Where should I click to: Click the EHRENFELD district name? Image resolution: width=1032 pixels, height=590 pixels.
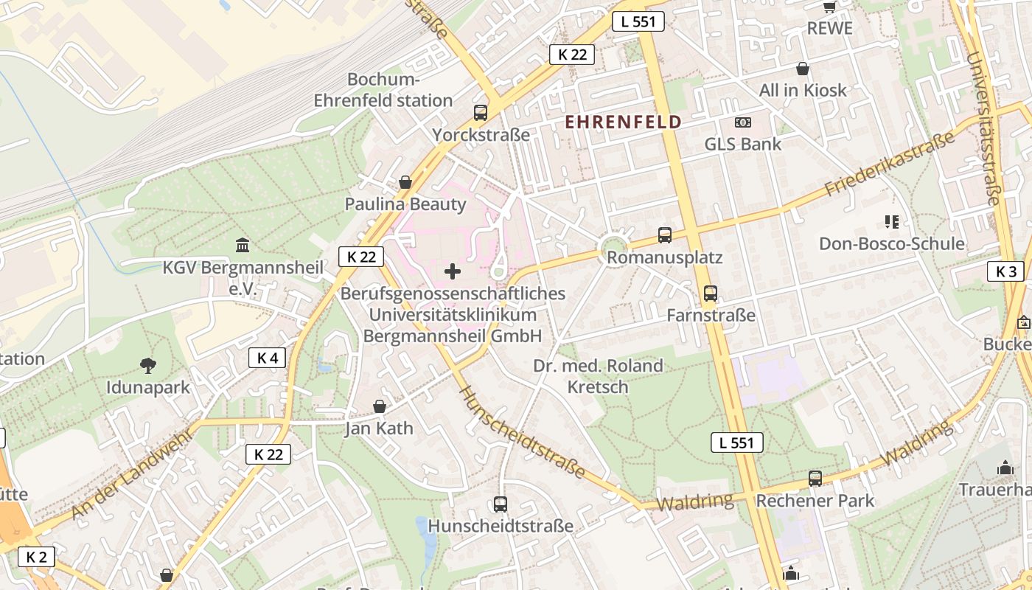[623, 122]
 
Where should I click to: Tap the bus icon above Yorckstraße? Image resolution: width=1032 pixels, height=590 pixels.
[481, 113]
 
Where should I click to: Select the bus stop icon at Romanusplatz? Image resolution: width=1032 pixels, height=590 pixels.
[665, 235]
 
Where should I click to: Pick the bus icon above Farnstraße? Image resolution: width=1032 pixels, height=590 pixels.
[711, 294]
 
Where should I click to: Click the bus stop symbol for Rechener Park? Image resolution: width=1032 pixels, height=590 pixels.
[815, 478]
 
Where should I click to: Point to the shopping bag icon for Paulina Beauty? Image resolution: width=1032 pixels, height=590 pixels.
[405, 181]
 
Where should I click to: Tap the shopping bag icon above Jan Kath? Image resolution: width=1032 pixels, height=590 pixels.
[380, 406]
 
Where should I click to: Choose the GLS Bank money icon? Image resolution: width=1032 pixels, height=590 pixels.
[743, 122]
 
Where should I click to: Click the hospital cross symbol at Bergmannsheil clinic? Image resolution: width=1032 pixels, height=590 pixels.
[453, 271]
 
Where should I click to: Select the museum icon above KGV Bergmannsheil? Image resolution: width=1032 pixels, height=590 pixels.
[243, 244]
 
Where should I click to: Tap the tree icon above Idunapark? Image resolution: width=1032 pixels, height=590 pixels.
[148, 364]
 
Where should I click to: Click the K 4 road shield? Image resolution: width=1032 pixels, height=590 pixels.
[267, 358]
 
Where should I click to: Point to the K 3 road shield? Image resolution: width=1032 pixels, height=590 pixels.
[1005, 271]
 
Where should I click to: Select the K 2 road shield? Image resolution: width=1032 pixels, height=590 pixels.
[36, 557]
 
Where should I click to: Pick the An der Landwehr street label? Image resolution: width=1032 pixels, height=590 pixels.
[133, 472]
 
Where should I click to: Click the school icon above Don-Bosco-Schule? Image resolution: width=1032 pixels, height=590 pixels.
[892, 221]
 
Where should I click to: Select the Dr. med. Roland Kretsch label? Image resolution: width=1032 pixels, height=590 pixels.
[598, 376]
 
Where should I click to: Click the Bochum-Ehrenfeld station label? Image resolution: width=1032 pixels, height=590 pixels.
[383, 90]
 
